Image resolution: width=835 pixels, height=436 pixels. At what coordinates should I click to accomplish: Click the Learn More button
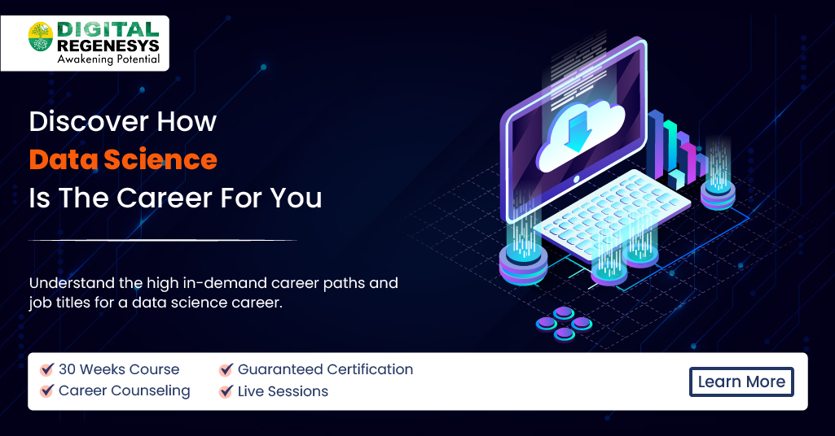coord(741,381)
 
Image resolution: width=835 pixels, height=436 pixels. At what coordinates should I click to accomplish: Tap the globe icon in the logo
coord(40,37)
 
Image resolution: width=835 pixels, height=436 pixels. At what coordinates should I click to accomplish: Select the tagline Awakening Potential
coord(108,59)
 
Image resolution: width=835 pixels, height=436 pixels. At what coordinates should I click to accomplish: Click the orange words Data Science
coord(123,159)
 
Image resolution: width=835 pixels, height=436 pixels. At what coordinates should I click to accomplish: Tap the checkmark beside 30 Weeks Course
coord(47,369)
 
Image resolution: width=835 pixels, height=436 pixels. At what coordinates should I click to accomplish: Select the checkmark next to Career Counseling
coord(47,391)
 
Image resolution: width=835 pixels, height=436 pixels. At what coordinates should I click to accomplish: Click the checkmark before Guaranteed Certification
coord(226,369)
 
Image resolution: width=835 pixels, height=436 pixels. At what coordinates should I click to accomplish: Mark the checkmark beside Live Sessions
coord(226,391)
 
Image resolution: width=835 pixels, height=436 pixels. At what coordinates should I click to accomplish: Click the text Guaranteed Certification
coord(325,369)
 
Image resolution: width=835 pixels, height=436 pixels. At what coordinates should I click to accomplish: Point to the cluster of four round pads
coord(564,323)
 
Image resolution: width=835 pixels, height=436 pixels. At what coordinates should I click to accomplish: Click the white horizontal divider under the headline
coord(163,240)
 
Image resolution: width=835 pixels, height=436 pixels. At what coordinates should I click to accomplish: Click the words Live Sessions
coord(283,391)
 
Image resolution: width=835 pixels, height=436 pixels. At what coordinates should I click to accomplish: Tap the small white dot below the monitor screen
coord(577,179)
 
